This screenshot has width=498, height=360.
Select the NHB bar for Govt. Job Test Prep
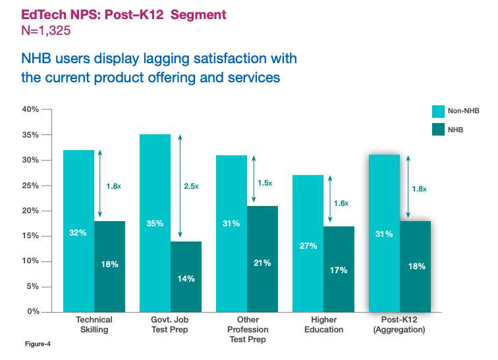tap(186, 276)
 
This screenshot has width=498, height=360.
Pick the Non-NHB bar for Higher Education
tap(308, 243)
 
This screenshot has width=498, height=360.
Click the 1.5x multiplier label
tap(264, 182)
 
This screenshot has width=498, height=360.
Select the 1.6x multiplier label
tap(341, 203)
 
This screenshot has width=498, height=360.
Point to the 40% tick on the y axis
tap(30, 109)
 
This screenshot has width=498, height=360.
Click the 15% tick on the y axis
tap(30, 236)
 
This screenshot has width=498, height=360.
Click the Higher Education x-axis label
tap(323, 324)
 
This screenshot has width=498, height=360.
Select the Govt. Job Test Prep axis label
tap(170, 324)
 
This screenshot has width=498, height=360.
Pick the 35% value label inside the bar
tap(155, 224)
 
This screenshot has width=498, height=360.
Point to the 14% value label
tap(186, 278)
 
